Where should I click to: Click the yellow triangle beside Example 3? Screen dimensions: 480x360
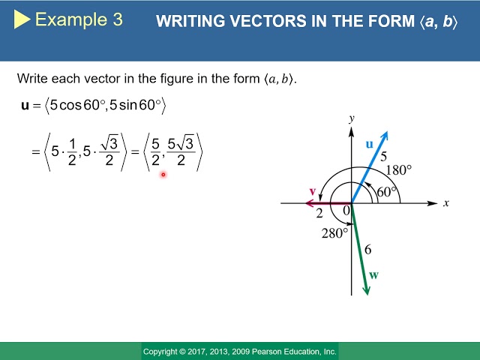[22, 19]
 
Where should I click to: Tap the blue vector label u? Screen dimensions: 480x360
[370, 144]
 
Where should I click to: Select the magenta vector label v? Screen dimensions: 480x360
[312, 191]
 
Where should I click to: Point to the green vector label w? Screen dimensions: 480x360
[373, 275]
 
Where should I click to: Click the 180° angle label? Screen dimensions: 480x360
[399, 170]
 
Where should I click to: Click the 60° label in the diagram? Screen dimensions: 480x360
[387, 192]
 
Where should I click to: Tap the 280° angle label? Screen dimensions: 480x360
[335, 233]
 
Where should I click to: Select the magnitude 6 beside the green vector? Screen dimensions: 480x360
[368, 250]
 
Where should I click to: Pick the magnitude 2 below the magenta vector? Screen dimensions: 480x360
[319, 213]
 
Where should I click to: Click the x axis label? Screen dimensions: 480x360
[446, 203]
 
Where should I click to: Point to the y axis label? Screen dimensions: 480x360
[352, 118]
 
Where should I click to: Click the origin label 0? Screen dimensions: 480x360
[346, 211]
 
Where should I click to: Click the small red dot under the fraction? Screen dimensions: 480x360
[163, 175]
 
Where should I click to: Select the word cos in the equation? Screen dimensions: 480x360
[70, 105]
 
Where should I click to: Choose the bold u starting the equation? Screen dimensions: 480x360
[25, 105]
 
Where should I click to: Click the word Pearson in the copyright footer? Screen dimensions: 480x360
[270, 352]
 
